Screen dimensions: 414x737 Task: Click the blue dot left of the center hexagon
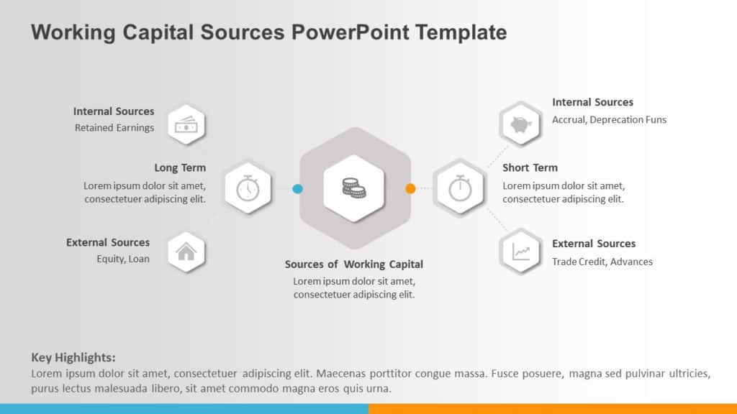tap(297, 189)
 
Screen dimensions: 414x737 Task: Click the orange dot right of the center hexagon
tap(410, 189)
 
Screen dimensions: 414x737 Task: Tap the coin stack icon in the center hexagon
tap(353, 188)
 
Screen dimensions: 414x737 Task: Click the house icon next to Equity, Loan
tap(186, 252)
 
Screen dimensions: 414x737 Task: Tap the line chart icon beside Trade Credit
tap(521, 252)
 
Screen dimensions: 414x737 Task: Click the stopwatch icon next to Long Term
tap(248, 188)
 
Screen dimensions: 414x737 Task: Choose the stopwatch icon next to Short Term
tap(460, 188)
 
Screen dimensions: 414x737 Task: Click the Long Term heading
tap(180, 168)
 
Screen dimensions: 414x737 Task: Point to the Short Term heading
tap(530, 167)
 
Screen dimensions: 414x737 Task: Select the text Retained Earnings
tap(114, 128)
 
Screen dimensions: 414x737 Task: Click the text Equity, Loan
tap(123, 259)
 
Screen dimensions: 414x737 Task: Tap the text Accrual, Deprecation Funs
tap(609, 119)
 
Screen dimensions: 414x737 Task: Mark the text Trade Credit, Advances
tap(602, 262)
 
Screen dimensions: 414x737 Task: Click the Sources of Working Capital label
tap(354, 264)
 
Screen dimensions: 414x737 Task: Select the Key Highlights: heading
tap(73, 357)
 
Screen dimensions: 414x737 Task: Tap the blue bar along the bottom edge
tap(184, 408)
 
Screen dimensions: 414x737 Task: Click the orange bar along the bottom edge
tap(553, 408)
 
